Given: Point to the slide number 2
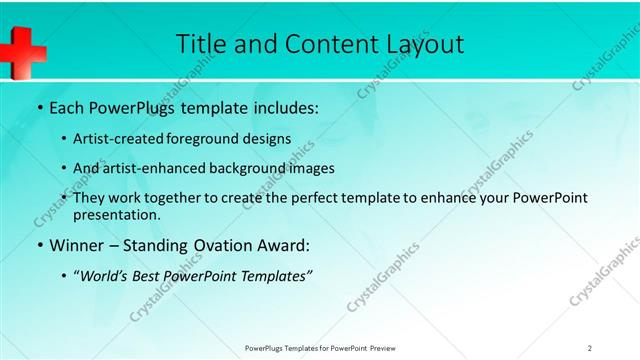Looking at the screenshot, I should (590, 348).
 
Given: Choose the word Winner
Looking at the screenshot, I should (78, 243).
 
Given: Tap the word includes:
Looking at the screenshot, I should (283, 107).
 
